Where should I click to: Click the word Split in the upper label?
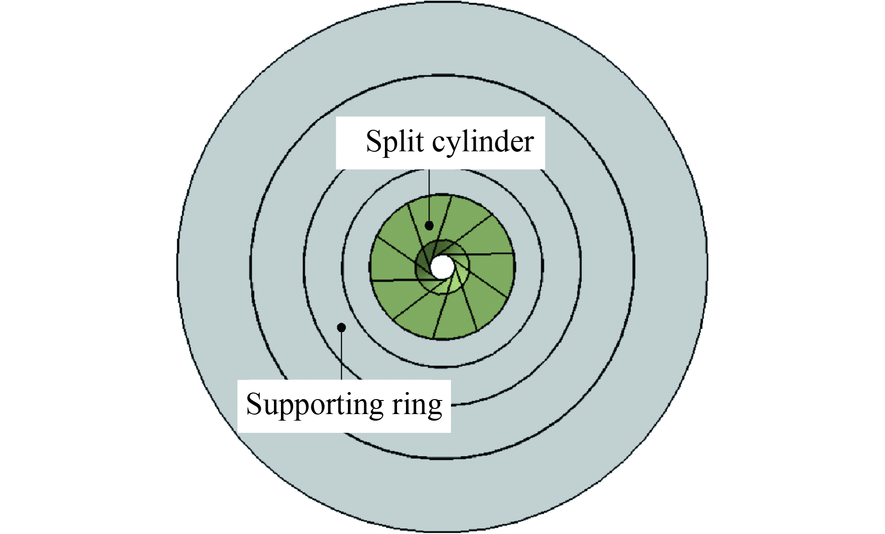pos(395,141)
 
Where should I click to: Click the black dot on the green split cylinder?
pos(429,226)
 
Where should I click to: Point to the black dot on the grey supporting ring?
pos(341,327)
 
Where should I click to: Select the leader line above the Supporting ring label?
pos(341,356)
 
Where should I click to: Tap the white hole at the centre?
pos(442,267)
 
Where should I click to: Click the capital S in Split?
pos(375,141)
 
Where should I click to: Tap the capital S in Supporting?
pos(255,404)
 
